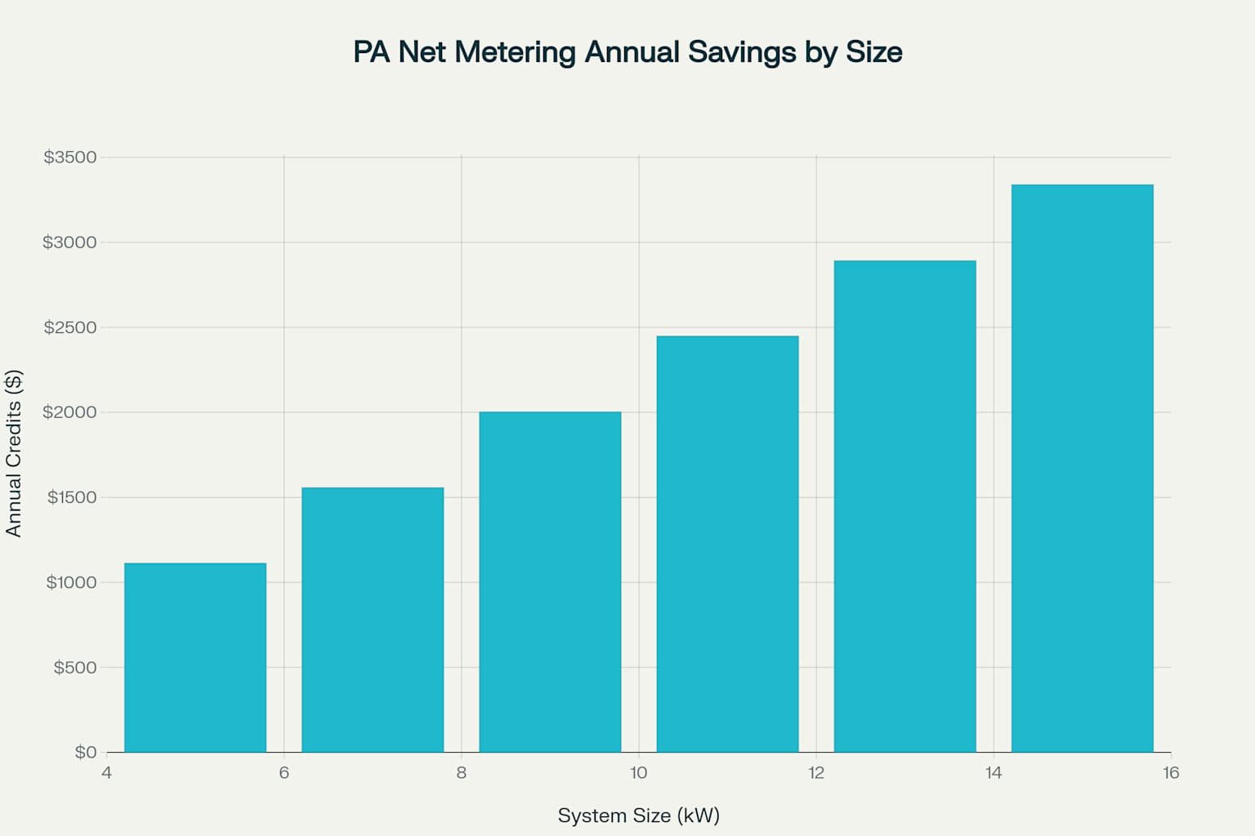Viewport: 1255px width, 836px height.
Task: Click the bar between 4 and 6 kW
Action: [195, 657]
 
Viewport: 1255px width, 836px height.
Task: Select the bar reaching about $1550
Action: [373, 620]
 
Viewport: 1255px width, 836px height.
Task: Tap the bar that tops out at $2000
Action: [550, 581]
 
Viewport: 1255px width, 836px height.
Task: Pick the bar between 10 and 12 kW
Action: [727, 544]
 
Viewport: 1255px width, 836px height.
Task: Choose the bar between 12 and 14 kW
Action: [904, 506]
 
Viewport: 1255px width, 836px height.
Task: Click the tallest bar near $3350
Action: [1082, 468]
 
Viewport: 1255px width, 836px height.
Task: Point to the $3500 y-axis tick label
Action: [70, 157]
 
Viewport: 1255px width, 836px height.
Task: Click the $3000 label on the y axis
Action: [70, 242]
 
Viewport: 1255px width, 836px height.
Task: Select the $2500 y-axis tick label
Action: [70, 327]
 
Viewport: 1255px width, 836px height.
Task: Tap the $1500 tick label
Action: [72, 497]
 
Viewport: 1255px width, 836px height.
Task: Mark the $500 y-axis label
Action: [75, 667]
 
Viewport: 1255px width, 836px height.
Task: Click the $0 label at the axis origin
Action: [86, 752]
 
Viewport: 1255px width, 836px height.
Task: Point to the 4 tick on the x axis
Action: [106, 773]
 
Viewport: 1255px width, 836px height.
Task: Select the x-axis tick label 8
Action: [462, 773]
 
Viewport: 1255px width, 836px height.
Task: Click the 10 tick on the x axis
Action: [638, 773]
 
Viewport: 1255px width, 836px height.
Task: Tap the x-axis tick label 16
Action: [1170, 773]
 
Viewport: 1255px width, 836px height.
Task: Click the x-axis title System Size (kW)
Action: [638, 816]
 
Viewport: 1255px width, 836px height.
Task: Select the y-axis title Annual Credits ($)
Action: [14, 454]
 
